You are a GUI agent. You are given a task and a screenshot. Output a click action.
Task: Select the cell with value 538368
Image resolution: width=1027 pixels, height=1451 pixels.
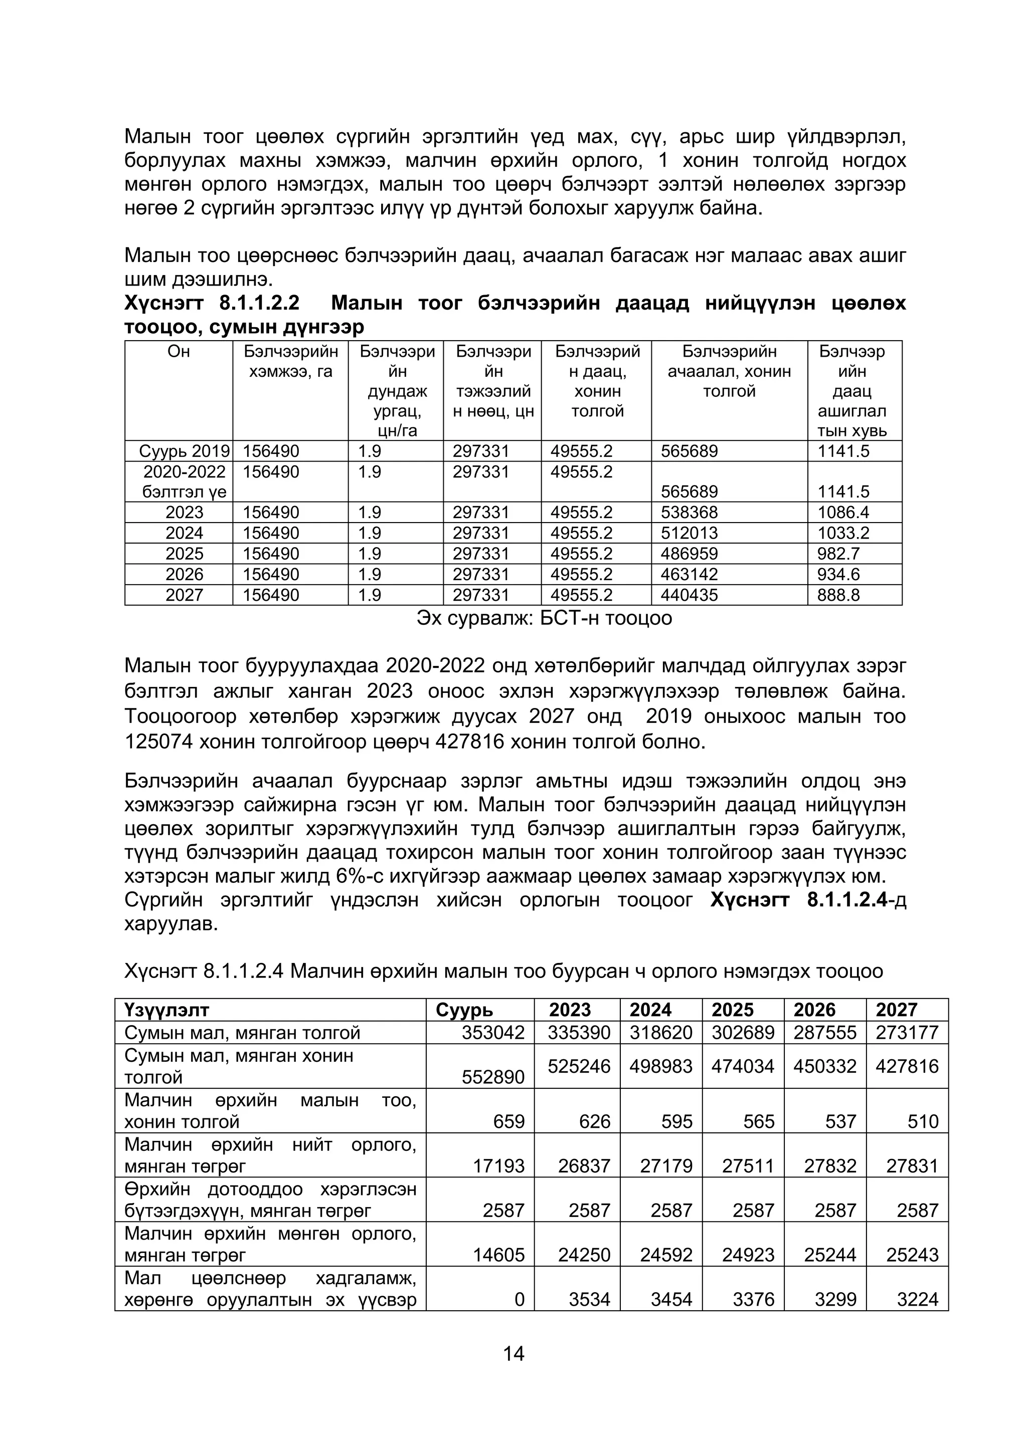(x=690, y=512)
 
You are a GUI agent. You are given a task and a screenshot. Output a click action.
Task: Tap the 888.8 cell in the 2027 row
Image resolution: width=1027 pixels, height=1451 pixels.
(x=838, y=595)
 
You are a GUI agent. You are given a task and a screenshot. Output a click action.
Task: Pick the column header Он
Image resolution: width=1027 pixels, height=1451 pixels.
(x=179, y=351)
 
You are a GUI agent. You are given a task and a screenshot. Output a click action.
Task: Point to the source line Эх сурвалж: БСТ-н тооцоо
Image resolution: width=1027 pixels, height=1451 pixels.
(x=544, y=618)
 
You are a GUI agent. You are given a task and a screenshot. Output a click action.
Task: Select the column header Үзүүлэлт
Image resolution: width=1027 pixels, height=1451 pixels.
(x=166, y=1010)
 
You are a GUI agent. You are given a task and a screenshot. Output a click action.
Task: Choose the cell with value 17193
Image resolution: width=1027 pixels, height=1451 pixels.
(x=499, y=1166)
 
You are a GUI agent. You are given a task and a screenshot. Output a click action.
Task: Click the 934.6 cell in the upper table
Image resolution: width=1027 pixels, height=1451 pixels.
(x=838, y=575)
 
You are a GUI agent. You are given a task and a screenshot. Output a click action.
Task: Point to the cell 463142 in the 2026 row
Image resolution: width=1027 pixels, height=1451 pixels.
(x=690, y=575)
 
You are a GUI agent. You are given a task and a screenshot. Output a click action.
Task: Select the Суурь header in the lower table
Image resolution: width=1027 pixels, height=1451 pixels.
(x=464, y=1010)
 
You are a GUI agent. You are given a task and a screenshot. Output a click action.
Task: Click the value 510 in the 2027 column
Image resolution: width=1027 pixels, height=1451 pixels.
(x=923, y=1122)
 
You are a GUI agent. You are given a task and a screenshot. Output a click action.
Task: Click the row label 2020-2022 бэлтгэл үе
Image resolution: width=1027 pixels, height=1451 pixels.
(x=184, y=481)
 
